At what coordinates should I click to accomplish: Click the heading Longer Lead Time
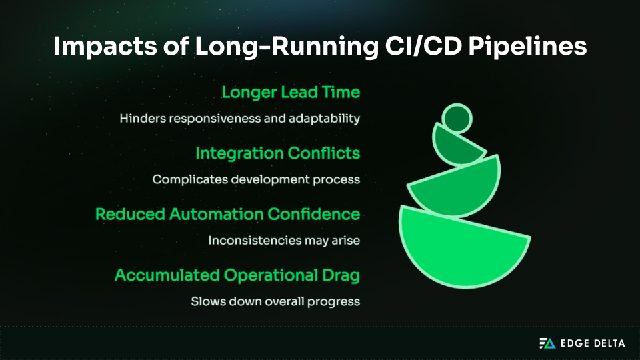coord(291,92)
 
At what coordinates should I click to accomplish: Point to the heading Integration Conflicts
coord(277,153)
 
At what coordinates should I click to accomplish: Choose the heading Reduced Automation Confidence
coord(227,214)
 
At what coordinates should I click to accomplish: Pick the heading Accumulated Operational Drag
coord(237,275)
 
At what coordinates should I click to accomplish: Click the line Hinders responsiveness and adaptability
coord(240,119)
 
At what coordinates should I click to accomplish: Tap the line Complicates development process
coord(256,179)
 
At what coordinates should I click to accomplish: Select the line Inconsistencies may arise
coord(284,240)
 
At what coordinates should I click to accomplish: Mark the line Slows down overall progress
coord(275,301)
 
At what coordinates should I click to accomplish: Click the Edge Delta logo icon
coord(547,343)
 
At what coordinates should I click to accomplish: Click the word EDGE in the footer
coord(573,343)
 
